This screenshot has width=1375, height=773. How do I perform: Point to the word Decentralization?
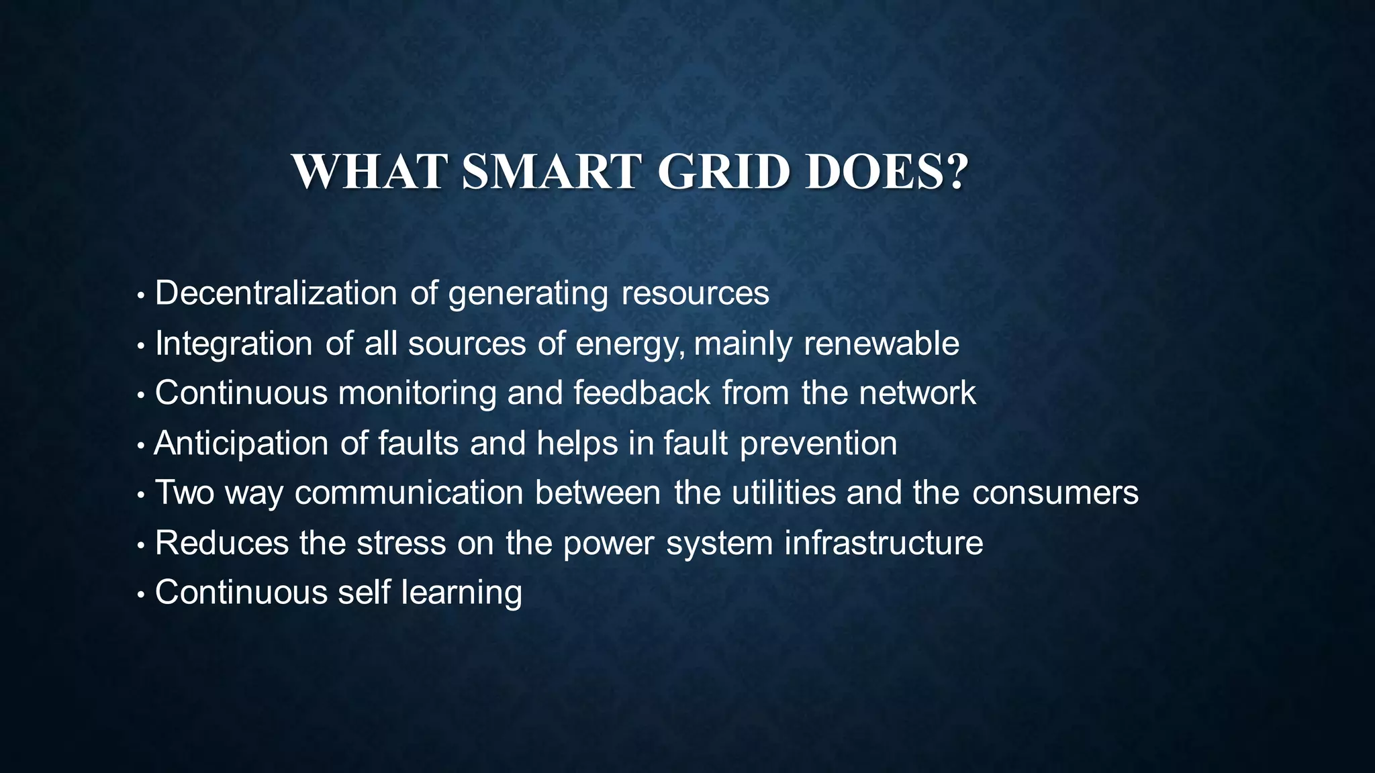[276, 293]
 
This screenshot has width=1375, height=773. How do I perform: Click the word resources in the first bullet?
[695, 293]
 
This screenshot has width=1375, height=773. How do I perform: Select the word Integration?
[234, 344]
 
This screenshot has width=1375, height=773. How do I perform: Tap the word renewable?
[882, 344]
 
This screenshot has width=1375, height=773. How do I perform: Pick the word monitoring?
[416, 393]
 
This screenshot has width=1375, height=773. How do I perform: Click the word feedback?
[642, 393]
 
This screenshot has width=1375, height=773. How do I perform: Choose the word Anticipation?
[242, 444]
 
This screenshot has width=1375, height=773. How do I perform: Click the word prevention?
[818, 444]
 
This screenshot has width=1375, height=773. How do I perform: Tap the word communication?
[409, 493]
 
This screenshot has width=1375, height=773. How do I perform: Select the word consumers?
[1055, 493]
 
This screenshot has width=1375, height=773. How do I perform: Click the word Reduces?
[222, 543]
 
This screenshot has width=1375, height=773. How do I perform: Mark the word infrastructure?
[884, 543]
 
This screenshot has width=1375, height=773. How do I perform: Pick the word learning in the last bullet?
[461, 593]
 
